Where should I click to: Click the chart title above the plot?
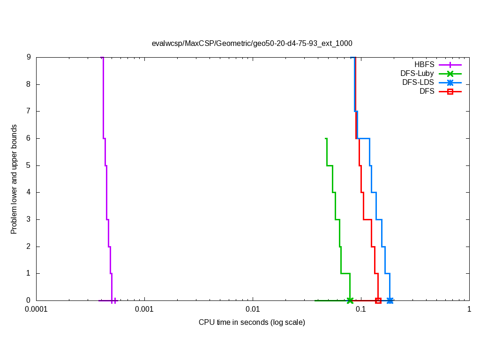(252, 43)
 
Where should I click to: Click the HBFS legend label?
(424, 65)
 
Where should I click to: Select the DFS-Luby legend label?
(417, 74)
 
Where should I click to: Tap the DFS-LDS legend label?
(418, 82)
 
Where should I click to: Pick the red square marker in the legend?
(450, 91)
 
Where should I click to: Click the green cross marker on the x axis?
(350, 300)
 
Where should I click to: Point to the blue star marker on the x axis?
(390, 300)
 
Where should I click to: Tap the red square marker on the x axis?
(378, 300)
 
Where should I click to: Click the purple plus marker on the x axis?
(114, 300)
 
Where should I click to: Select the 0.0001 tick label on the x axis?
(36, 310)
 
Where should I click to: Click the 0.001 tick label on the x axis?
(144, 310)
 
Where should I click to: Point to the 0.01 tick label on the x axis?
(253, 310)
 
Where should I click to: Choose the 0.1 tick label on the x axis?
(361, 310)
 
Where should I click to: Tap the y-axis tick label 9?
(29, 57)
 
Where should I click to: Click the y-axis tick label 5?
(29, 165)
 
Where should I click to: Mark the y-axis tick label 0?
(29, 300)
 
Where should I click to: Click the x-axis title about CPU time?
(252, 322)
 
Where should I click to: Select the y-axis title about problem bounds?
(14, 179)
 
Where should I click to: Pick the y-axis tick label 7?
(29, 112)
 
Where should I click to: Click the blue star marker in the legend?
(450, 82)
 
